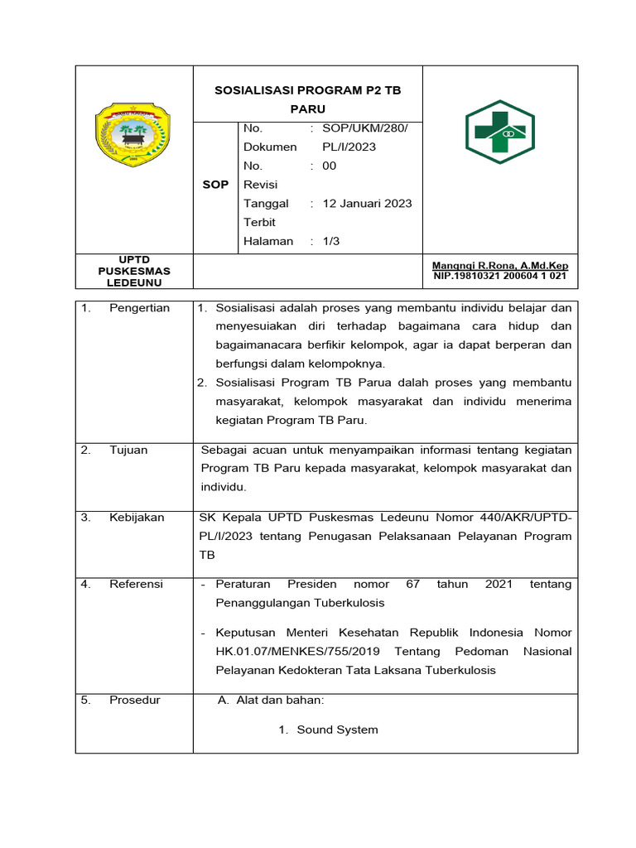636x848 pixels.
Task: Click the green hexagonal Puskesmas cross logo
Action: (x=499, y=132)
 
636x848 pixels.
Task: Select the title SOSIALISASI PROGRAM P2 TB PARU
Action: (x=307, y=99)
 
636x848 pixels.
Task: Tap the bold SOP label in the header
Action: (x=215, y=185)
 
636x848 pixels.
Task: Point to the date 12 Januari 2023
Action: (x=367, y=203)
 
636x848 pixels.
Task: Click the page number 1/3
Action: (x=330, y=241)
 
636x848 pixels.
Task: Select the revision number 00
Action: (x=330, y=166)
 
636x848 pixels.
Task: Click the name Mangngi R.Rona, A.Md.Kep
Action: (x=499, y=266)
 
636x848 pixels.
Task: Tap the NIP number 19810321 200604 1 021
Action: (x=499, y=276)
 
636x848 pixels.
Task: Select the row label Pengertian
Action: (x=139, y=308)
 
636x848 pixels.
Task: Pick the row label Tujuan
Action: (x=128, y=450)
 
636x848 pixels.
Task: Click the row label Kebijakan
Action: (x=137, y=518)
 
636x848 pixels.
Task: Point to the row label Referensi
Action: (x=136, y=584)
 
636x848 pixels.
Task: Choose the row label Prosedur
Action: (x=134, y=700)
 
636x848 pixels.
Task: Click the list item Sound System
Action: (x=337, y=730)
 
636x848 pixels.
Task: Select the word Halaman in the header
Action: (x=268, y=241)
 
